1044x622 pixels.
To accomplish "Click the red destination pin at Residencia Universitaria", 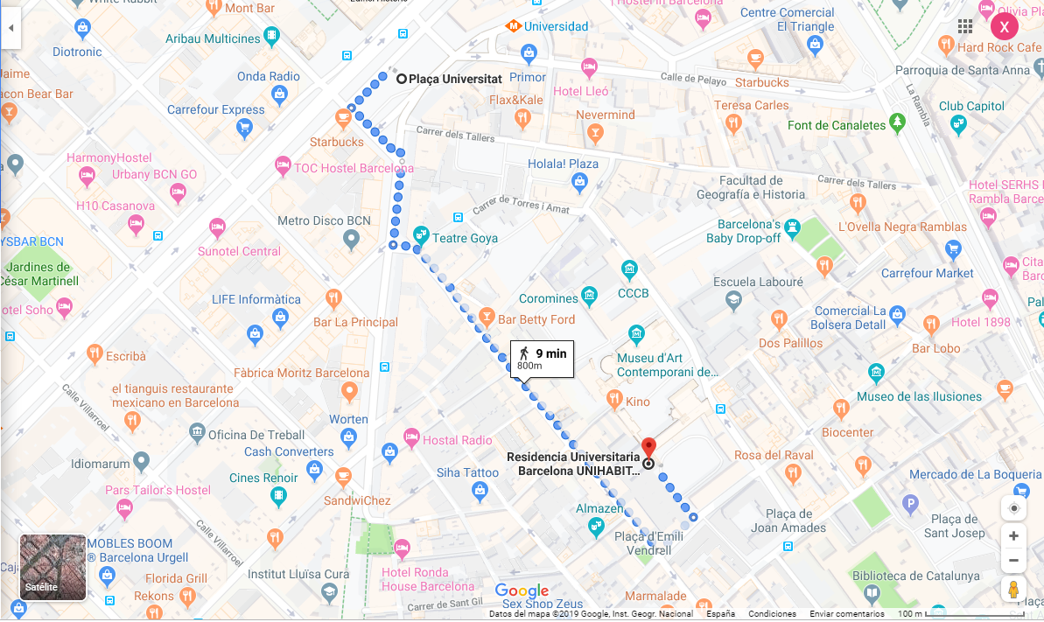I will (648, 446).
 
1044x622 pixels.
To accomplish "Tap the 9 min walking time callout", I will (543, 359).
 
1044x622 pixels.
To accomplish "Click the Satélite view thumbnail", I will (53, 567).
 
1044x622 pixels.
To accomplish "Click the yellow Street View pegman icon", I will (1013, 589).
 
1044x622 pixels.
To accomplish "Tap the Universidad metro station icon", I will (514, 26).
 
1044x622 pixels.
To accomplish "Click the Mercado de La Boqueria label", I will (975, 474).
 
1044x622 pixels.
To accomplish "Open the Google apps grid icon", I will (965, 26).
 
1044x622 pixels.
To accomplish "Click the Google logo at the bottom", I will (522, 591).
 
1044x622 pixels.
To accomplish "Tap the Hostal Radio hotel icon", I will (411, 437).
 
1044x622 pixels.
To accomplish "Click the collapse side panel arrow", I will (11, 28).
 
